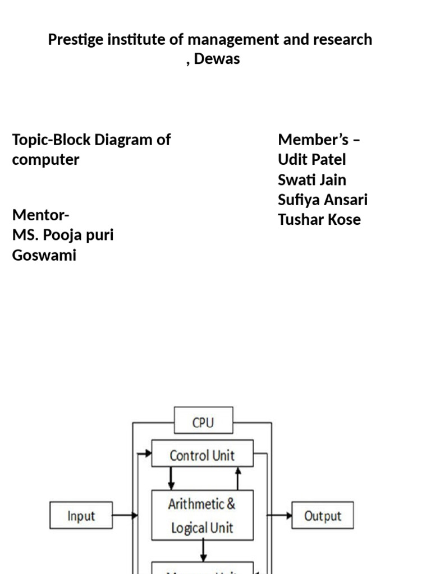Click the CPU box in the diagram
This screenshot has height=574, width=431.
coord(203,422)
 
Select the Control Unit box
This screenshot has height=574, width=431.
coord(202,455)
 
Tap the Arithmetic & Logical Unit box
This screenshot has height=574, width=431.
coord(202,515)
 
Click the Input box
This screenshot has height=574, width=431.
coord(81,516)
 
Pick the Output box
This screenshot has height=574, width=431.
coord(323,516)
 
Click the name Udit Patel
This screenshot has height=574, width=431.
coord(311,160)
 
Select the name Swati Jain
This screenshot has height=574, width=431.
coord(312,180)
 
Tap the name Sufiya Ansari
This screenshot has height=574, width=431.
coord(323,200)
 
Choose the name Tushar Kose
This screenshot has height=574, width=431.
coord(319,220)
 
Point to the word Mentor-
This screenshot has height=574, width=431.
coord(41,215)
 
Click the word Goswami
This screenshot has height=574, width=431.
coord(44,256)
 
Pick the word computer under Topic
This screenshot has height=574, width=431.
coord(45,160)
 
